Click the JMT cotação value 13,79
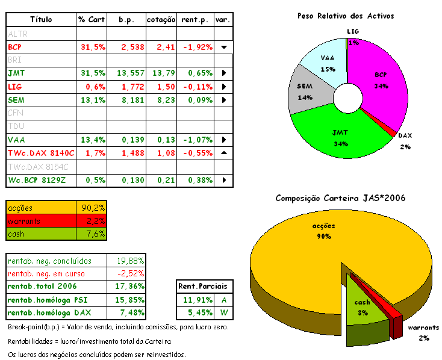pyautogui.click(x=161, y=73)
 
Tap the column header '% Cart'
pyautogui.click(x=92, y=20)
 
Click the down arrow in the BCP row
pyautogui.click(x=224, y=47)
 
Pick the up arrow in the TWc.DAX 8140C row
pyautogui.click(x=224, y=154)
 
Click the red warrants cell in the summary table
pyautogui.click(x=41, y=221)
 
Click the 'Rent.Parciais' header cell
pyautogui.click(x=205, y=287)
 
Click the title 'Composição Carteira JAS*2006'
pyautogui.click(x=340, y=198)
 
